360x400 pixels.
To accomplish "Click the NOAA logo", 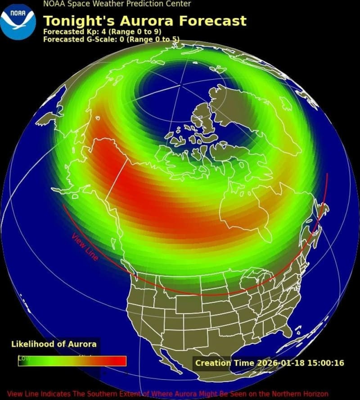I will pos(18,19).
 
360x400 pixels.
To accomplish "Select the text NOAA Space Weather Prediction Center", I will pos(117,4).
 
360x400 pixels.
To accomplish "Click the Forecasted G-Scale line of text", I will pos(111,40).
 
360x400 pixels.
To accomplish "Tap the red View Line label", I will pos(85,247).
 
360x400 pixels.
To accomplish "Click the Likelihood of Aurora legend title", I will pos(54,344).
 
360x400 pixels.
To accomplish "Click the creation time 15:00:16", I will pos(326,363).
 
